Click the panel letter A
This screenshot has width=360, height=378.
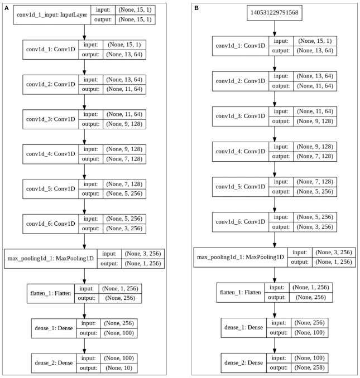5,6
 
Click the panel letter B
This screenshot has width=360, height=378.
196,6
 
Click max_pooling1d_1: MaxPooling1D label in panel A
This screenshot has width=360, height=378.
50,258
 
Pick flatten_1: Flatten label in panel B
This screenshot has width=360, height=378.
239,292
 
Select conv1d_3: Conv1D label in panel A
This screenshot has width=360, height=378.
50,119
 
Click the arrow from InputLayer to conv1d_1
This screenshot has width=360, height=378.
84,32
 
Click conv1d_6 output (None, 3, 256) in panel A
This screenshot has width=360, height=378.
122,227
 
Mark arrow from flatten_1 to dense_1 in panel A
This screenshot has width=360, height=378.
84,311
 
